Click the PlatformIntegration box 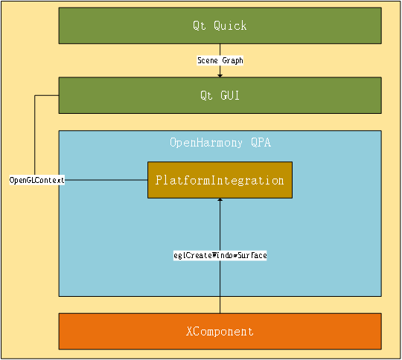(220, 180)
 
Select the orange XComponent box (220, 331)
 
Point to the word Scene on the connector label (208, 60)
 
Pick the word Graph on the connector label (232, 60)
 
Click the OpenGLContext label (36, 180)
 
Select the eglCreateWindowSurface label (220, 255)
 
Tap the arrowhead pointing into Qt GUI (220, 74)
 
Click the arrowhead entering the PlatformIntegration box (220, 202)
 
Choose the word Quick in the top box (230, 26)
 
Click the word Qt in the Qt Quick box (199, 26)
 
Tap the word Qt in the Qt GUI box (205, 95)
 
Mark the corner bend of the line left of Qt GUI (36, 95)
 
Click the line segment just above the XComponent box (220, 305)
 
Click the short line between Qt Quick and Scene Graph (220, 50)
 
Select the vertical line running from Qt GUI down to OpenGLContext (36, 138)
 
